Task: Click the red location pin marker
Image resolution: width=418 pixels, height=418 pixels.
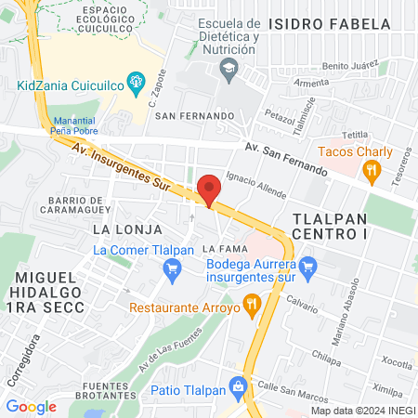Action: [209, 189]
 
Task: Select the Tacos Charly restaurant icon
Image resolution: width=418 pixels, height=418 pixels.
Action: [372, 169]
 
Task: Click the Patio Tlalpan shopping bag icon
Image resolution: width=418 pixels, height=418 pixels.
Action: [239, 384]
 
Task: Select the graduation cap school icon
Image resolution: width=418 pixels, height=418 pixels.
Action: [228, 68]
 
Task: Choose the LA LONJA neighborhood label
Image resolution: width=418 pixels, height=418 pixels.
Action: [127, 229]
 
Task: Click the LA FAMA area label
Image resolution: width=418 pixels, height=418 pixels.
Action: [223, 249]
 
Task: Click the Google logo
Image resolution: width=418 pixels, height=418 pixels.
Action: [32, 406]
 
